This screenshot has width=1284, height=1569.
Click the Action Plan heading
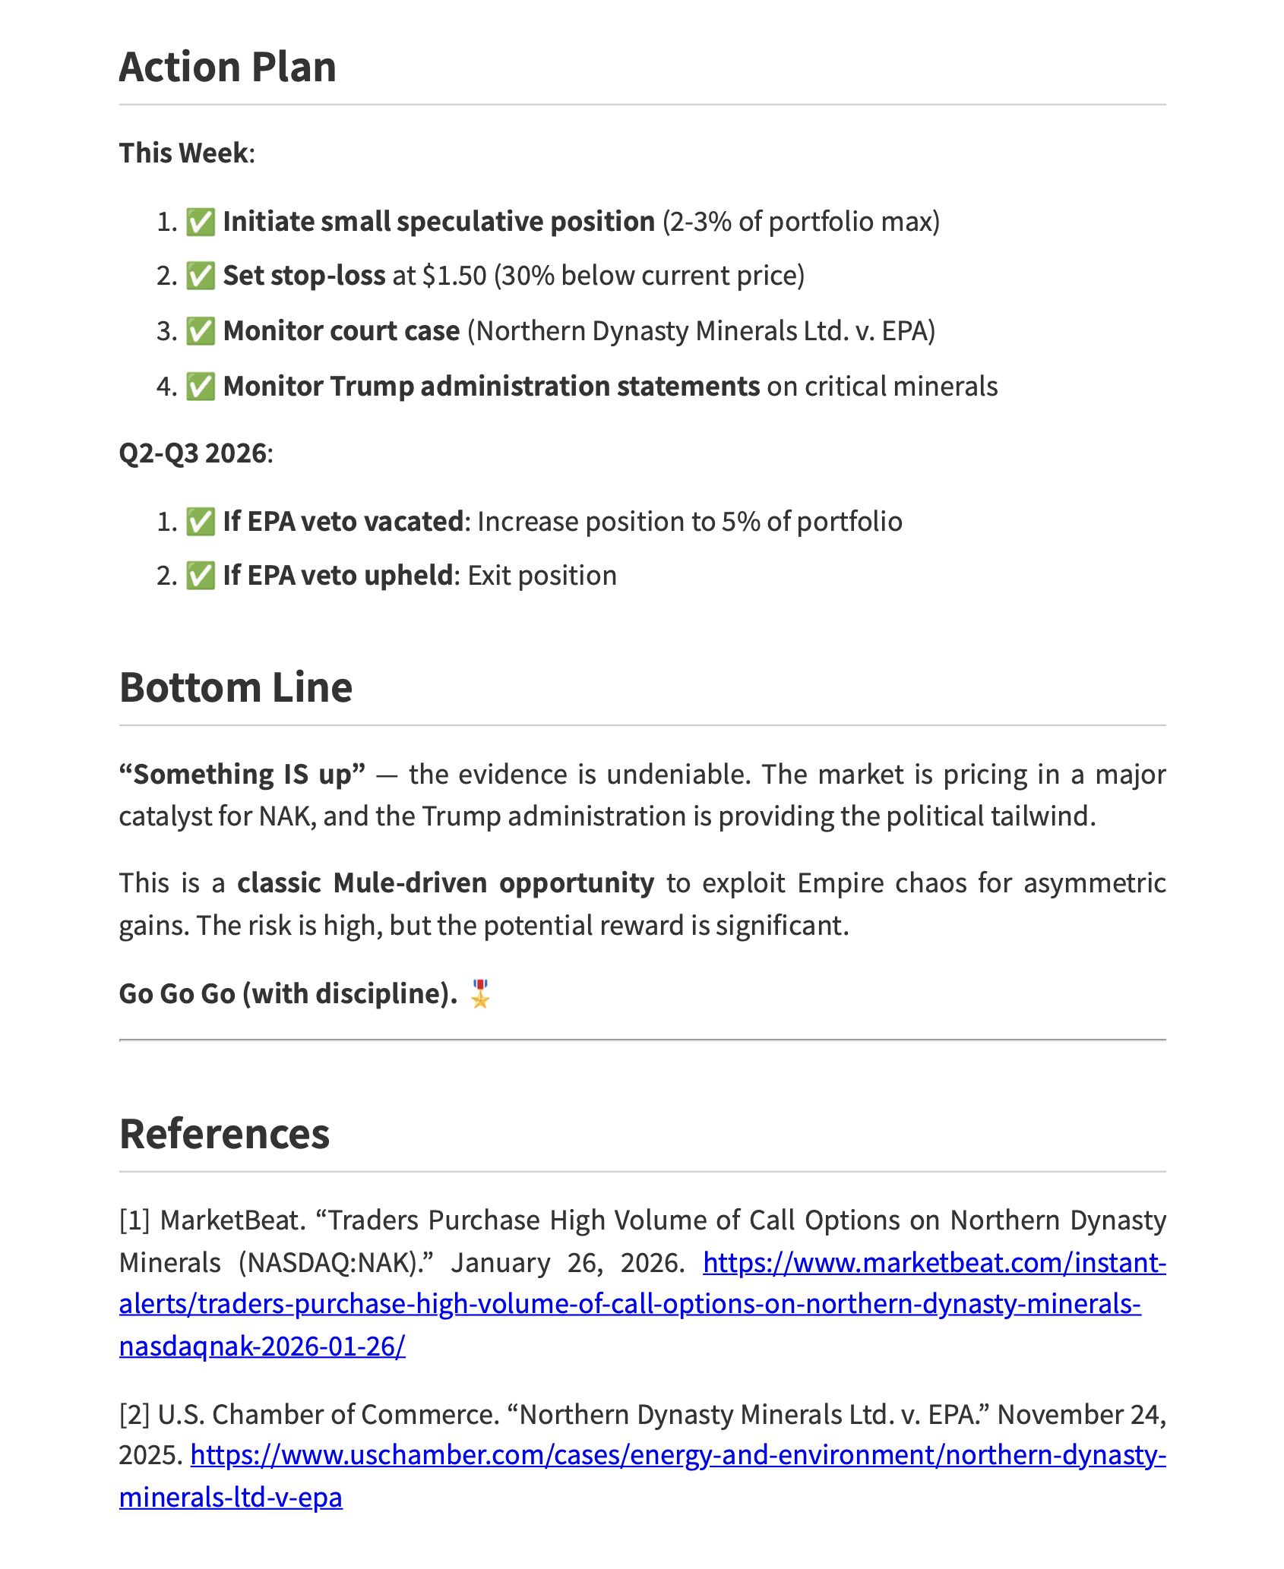[x=227, y=67]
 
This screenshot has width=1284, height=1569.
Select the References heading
[x=224, y=1134]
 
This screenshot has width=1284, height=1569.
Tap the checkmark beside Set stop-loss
[x=201, y=276]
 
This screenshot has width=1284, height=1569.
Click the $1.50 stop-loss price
[x=454, y=276]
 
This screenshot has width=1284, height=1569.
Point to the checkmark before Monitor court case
[x=201, y=331]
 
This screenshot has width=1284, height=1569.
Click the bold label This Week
[x=183, y=153]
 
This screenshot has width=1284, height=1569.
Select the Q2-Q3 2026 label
[x=193, y=453]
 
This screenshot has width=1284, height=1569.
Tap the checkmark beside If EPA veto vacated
[x=201, y=522]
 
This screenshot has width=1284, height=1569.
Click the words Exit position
[x=542, y=576]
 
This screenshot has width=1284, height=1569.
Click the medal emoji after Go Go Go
[x=480, y=993]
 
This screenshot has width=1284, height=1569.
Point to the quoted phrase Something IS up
[x=242, y=774]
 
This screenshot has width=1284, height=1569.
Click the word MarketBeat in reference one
[x=232, y=1220]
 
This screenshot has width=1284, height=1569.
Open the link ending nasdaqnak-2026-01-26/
[x=262, y=1346]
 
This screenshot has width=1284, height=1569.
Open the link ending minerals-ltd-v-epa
[x=231, y=1497]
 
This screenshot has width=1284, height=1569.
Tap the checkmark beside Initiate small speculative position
[x=201, y=222]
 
